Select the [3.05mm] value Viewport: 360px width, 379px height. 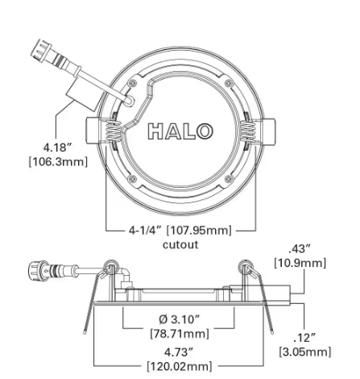tap(304, 352)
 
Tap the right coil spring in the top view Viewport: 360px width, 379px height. tap(247, 131)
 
